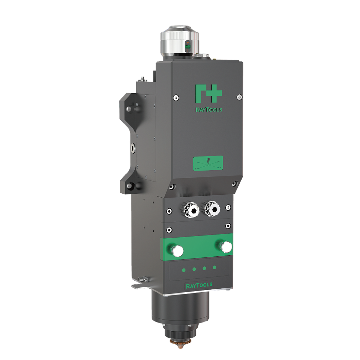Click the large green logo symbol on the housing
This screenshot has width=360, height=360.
(208, 94)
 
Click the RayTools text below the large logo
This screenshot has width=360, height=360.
(209, 110)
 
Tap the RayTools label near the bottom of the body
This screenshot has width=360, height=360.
(199, 285)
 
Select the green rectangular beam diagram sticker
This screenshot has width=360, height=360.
(208, 163)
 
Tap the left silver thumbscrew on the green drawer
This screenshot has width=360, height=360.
(177, 250)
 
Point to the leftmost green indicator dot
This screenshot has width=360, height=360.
(184, 270)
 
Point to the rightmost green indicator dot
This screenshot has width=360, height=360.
(215, 267)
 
